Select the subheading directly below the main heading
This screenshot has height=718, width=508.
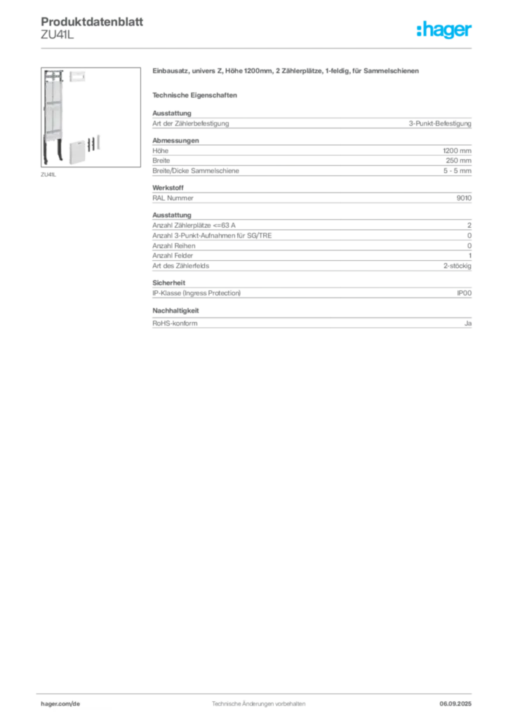(196, 95)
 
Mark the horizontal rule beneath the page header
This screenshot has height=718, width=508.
(258, 48)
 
